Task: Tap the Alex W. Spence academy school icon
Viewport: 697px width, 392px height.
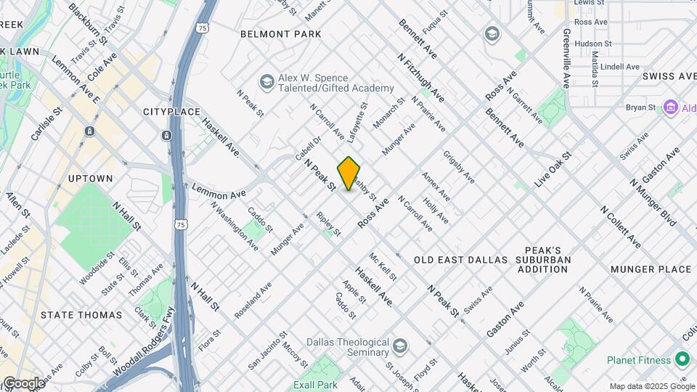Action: tap(266, 81)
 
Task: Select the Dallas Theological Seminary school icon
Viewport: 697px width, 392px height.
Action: tap(399, 344)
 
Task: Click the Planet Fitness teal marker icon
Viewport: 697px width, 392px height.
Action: tap(682, 359)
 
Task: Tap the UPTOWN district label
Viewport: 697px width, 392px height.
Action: tap(90, 179)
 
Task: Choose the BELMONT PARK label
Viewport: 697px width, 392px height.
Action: tap(280, 34)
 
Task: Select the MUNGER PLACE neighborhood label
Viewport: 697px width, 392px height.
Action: tap(651, 269)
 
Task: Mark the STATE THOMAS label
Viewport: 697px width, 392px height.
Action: tap(81, 315)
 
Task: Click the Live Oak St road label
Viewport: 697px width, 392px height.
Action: tap(553, 171)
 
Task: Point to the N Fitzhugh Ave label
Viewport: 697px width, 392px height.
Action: tap(421, 76)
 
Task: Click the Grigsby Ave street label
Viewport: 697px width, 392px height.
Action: tap(459, 167)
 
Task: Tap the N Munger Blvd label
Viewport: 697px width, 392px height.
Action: tap(653, 202)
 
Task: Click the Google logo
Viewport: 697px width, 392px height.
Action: tap(23, 383)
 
